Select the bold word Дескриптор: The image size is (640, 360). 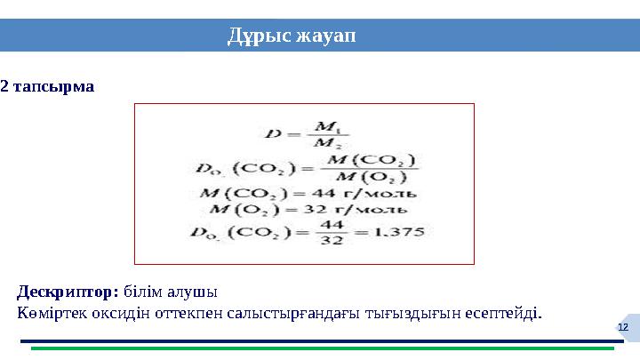(x=68, y=292)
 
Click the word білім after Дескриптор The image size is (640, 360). (x=144, y=292)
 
